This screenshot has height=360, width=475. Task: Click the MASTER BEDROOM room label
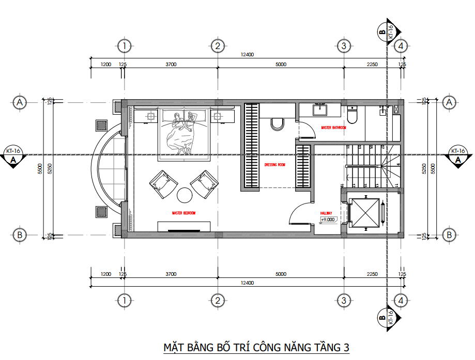184,213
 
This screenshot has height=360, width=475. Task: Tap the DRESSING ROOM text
274,165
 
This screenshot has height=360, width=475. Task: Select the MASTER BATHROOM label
333,128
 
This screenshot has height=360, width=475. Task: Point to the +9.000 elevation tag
328,220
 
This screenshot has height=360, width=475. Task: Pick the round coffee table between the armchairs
185,195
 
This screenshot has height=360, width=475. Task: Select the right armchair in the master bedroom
205,183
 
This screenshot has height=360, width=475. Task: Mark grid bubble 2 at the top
218,46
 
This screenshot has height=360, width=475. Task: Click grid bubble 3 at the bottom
343,300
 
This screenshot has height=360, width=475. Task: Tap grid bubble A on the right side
449,102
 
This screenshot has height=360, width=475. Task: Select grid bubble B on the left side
20,234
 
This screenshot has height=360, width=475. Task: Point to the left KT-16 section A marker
12,156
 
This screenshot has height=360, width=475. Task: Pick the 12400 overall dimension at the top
247,55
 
